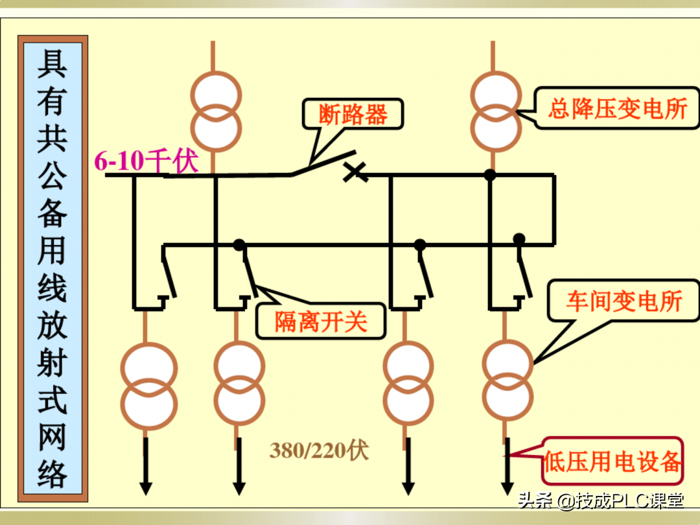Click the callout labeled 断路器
pyautogui.click(x=353, y=115)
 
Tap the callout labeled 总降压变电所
pyautogui.click(x=617, y=108)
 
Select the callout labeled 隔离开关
pyautogui.click(x=321, y=321)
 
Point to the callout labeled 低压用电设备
pyautogui.click(x=612, y=461)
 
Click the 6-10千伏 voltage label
pyautogui.click(x=146, y=161)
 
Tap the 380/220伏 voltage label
pyautogui.click(x=319, y=450)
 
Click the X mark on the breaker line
pyautogui.click(x=355, y=172)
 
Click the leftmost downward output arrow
pyautogui.click(x=145, y=486)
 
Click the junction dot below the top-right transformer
pyautogui.click(x=490, y=174)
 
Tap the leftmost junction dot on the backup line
pyautogui.click(x=239, y=244)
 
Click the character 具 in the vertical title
pyautogui.click(x=52, y=63)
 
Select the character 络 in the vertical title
pyautogui.click(x=52, y=472)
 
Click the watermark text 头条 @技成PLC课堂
pyautogui.click(x=600, y=501)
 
